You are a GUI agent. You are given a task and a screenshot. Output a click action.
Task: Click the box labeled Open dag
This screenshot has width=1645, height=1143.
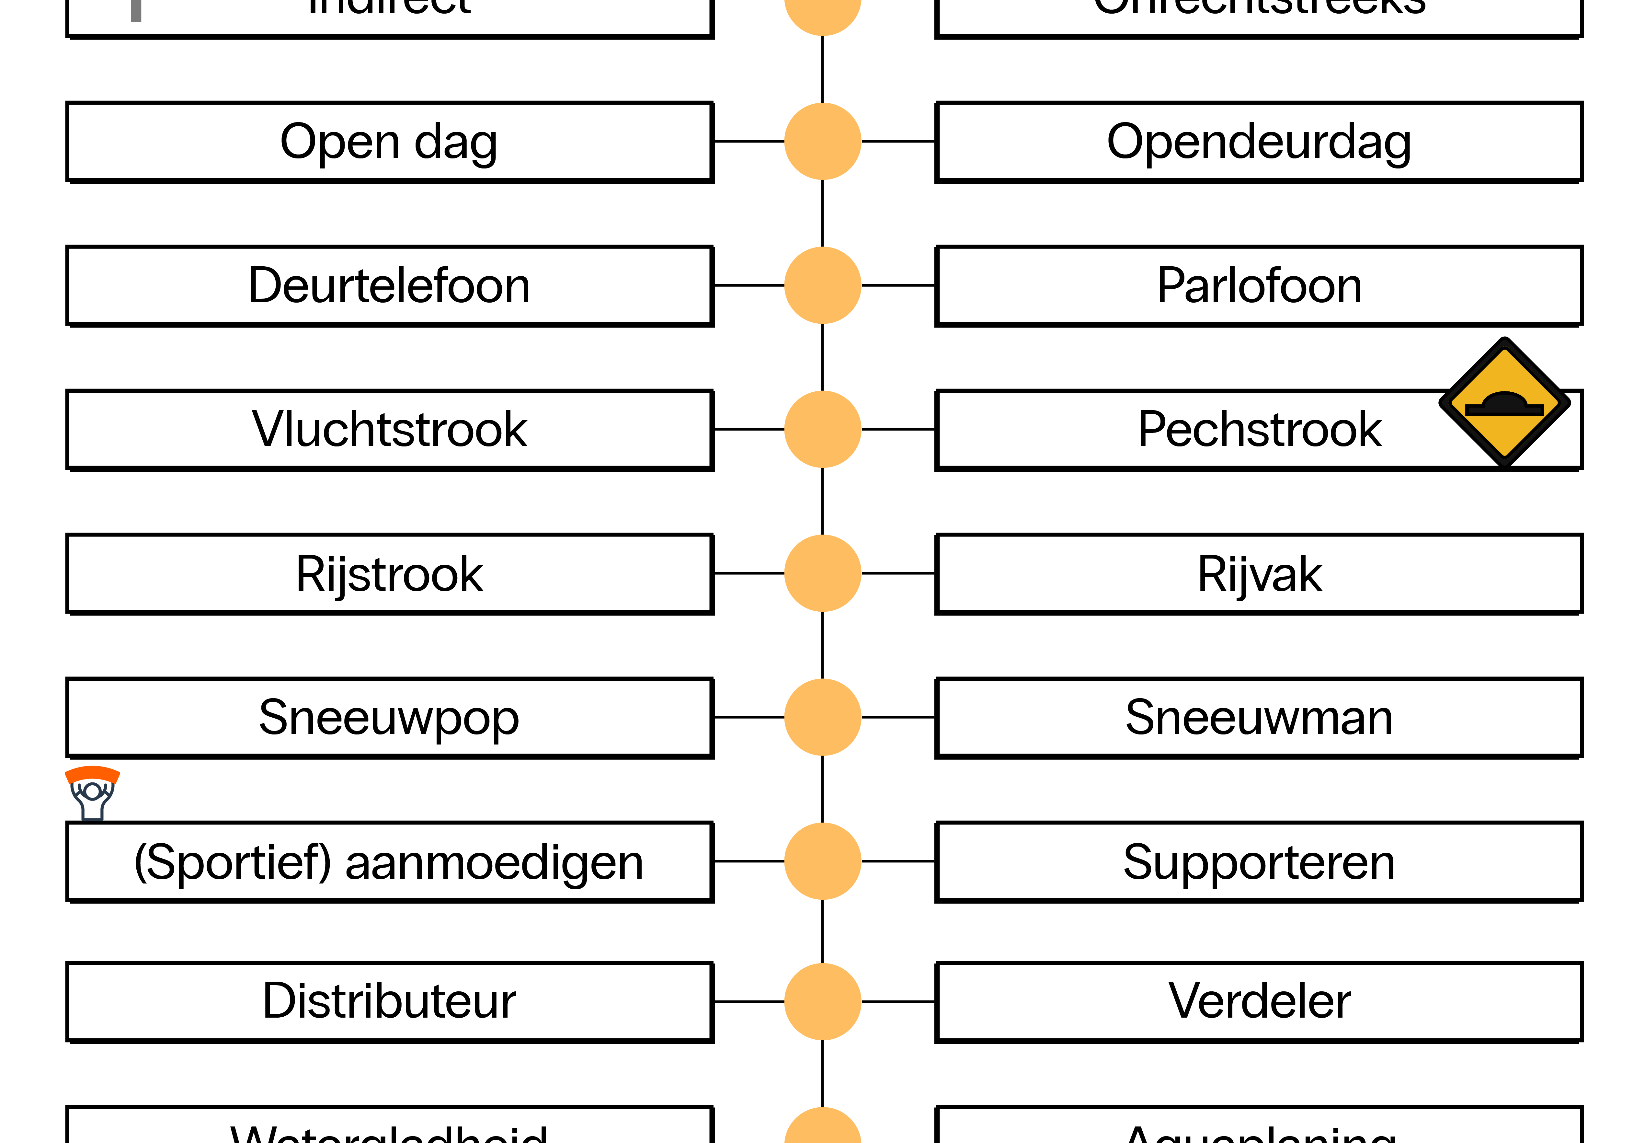[x=389, y=142]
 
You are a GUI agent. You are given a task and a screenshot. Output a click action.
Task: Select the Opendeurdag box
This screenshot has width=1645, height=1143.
[x=1259, y=142]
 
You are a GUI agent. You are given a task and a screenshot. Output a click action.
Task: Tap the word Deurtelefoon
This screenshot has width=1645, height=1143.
[x=389, y=286]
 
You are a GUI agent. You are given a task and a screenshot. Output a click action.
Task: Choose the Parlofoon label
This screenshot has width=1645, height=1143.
[x=1259, y=286]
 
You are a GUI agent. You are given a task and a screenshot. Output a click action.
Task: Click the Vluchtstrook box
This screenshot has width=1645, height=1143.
[x=389, y=430]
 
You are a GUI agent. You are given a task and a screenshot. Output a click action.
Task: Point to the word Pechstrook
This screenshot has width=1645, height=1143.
[x=1259, y=430]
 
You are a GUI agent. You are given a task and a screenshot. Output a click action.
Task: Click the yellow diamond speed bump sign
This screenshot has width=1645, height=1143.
[x=1504, y=402]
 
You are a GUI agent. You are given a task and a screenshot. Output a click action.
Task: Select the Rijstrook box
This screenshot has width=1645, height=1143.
[x=389, y=574]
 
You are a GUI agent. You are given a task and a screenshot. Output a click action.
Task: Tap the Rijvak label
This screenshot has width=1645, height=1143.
[x=1259, y=574]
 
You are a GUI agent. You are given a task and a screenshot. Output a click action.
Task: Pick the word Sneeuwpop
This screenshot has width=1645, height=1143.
[x=389, y=718]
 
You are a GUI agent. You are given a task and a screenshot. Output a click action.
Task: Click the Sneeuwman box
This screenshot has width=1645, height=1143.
[x=1259, y=718]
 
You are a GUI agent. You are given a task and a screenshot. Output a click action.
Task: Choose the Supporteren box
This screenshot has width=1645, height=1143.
[x=1259, y=861]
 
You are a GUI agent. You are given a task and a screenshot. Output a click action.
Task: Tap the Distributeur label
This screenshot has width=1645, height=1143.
[x=389, y=1001]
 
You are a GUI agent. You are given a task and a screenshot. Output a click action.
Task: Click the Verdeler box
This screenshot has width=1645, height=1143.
[x=1259, y=1001]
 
